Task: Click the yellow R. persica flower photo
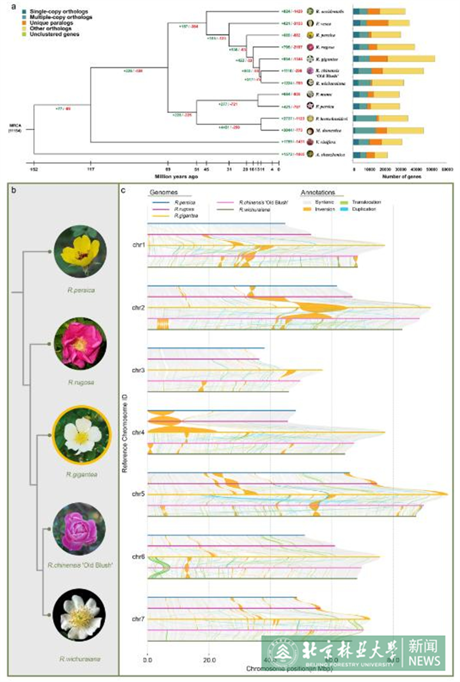pyautogui.click(x=80, y=252)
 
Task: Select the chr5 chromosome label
pyautogui.click(x=138, y=494)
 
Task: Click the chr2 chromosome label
pyautogui.click(x=138, y=308)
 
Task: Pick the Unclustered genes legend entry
pyautogui.click(x=54, y=34)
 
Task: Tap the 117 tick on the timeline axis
pyautogui.click(x=91, y=169)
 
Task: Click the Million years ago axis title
pyautogui.click(x=176, y=177)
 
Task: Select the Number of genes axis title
pyautogui.click(x=402, y=177)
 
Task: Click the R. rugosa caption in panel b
pyautogui.click(x=81, y=382)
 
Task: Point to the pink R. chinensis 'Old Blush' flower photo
pyautogui.click(x=79, y=529)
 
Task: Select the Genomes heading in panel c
pyautogui.click(x=164, y=193)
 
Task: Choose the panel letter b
pyautogui.click(x=13, y=190)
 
